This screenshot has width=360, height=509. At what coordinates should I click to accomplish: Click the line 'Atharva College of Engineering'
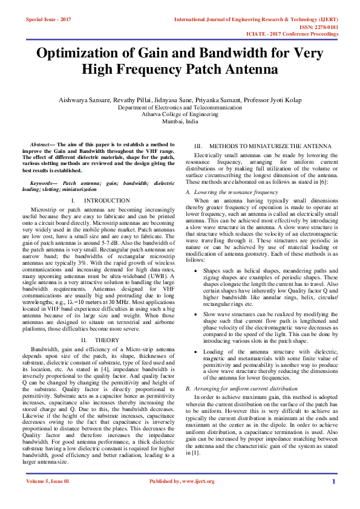tap(180, 114)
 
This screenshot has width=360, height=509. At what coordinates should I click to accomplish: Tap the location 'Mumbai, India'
tap(180, 121)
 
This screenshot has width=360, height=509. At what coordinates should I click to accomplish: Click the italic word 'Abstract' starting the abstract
tap(42, 146)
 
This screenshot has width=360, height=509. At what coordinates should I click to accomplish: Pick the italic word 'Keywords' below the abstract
tap(43, 183)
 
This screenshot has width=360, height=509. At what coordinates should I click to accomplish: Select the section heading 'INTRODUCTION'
tap(106, 200)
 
